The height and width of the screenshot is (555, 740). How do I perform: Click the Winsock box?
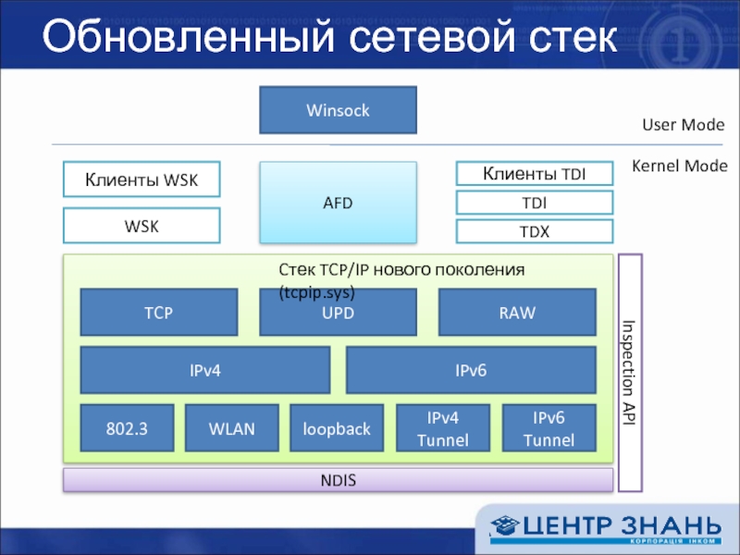point(338,110)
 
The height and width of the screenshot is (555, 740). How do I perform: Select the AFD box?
point(338,203)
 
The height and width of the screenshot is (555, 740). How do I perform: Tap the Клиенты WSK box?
point(142,179)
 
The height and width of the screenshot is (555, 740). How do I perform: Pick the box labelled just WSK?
point(142,226)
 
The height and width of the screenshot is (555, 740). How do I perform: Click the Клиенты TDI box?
point(535,173)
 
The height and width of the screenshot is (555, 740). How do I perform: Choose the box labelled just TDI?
point(535,203)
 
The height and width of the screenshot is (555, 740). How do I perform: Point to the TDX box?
point(535,231)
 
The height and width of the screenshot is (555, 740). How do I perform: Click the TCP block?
point(159,313)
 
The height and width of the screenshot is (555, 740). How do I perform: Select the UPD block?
point(338,313)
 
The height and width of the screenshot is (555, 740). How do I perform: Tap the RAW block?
point(517,313)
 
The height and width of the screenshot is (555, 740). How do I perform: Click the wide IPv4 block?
point(205,370)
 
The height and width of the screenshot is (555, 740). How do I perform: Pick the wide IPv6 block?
point(471,370)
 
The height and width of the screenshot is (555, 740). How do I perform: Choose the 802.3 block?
point(127,428)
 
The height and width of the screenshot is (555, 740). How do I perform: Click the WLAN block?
point(232,428)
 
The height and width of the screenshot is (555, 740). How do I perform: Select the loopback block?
point(337,428)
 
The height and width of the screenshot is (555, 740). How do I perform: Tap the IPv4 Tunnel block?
point(443,428)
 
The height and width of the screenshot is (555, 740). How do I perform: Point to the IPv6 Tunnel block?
point(549,428)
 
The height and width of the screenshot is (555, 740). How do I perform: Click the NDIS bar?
point(338,480)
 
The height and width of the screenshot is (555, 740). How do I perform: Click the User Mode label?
point(683,125)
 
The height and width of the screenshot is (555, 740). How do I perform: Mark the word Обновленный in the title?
point(189,36)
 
